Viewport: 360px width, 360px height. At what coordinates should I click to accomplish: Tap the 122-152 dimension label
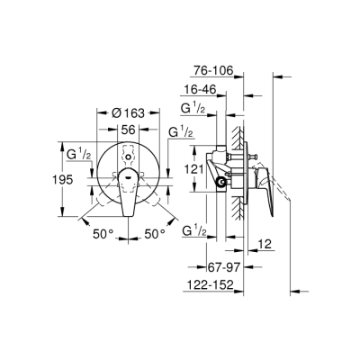[x=220, y=288]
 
